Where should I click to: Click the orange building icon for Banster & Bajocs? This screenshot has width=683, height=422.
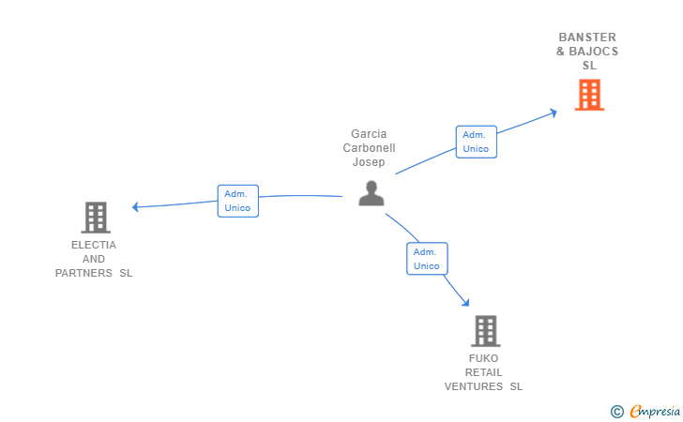(589, 95)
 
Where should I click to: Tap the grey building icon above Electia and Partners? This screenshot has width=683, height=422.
(96, 218)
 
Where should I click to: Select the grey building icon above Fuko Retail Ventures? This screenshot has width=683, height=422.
(485, 331)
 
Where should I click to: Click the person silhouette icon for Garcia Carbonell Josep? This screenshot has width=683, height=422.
(372, 193)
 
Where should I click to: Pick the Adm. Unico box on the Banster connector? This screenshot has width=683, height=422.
(476, 142)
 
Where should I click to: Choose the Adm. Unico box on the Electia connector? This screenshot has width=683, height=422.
(237, 201)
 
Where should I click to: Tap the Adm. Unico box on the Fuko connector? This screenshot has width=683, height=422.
(427, 259)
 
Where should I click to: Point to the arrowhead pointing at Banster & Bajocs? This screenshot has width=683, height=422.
(554, 112)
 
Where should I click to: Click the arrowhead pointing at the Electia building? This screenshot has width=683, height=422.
(136, 206)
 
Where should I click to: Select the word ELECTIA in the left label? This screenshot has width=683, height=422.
(94, 245)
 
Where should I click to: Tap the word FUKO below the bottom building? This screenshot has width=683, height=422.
(484, 358)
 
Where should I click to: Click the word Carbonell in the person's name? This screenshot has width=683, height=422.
(369, 148)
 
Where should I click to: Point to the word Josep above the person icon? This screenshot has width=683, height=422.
(369, 162)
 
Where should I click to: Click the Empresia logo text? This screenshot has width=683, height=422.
(651, 411)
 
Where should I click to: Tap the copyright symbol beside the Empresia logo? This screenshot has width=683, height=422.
(616, 411)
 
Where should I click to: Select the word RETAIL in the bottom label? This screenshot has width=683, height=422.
(484, 372)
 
